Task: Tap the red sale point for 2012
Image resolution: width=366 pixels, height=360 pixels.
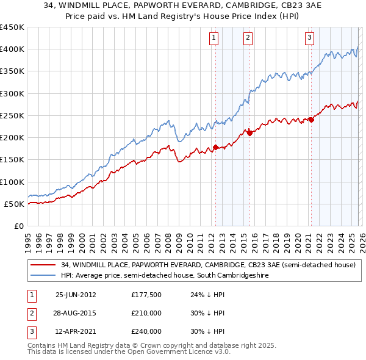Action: pyautogui.click(x=215, y=147)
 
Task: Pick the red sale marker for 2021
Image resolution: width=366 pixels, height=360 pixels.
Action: pyautogui.click(x=310, y=120)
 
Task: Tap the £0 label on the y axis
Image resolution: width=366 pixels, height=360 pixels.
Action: pyautogui.click(x=19, y=226)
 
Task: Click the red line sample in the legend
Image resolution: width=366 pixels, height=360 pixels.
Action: pyautogui.click(x=43, y=265)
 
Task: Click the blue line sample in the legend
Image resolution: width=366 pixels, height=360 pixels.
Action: pyautogui.click(x=43, y=276)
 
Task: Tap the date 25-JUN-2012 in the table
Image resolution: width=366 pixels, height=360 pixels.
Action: pyautogui.click(x=76, y=294)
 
